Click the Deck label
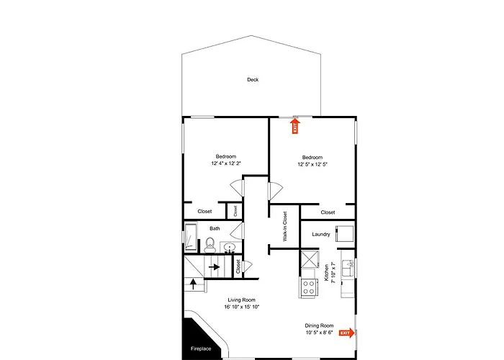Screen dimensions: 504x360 (253, 80)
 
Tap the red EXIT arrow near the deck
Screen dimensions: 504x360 (295, 126)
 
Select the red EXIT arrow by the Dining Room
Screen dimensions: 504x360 (347, 333)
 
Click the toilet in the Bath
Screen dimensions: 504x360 (210, 246)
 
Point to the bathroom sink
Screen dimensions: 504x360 (230, 248)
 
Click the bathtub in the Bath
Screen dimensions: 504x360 (191, 237)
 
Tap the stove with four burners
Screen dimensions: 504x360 (308, 287)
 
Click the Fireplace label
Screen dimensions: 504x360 (201, 348)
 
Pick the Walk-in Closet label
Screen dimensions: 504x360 (285, 226)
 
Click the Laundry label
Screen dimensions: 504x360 (321, 234)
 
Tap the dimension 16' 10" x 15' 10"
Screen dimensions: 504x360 (242, 307)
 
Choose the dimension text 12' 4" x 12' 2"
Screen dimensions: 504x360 (226, 163)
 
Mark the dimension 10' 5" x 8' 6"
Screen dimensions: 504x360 (319, 333)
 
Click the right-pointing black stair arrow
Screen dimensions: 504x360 (214, 267)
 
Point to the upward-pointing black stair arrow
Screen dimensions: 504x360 (193, 284)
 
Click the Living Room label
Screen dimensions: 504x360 (242, 300)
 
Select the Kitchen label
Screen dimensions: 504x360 (327, 273)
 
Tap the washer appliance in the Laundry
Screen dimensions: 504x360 (345, 233)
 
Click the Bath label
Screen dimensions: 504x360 (215, 228)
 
